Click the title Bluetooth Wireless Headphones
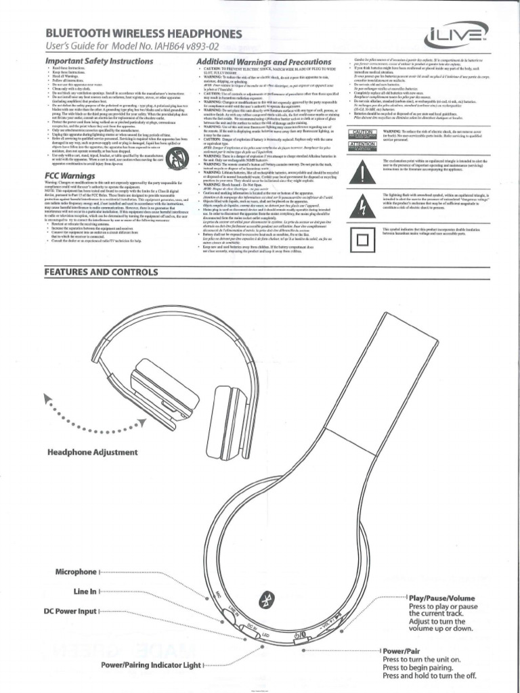[x=143, y=33]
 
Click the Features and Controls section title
[x=101, y=272]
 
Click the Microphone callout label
[x=77, y=572]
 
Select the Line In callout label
[x=85, y=591]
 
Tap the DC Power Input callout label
[x=70, y=611]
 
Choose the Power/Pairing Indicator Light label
[x=151, y=665]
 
